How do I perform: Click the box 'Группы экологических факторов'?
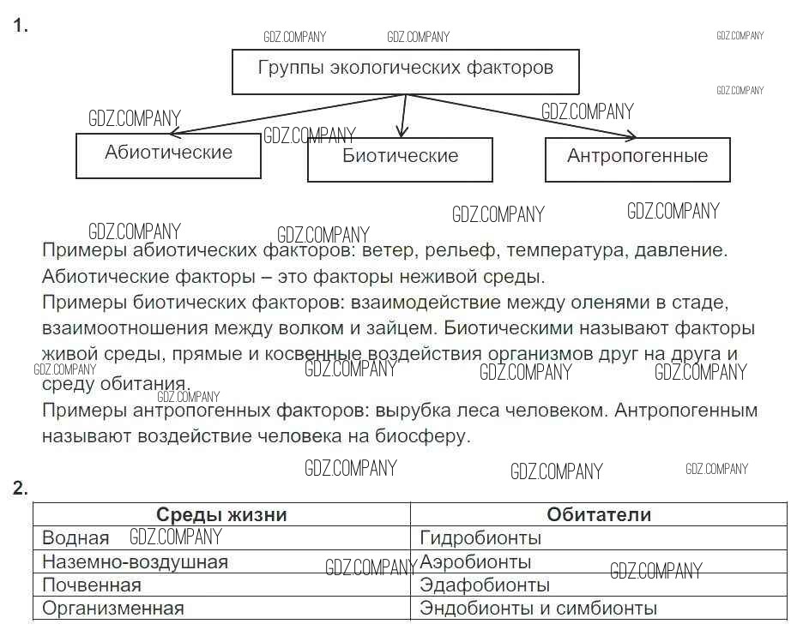coord(406,72)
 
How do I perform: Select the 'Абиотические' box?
coord(168,156)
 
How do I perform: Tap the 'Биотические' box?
coord(400,159)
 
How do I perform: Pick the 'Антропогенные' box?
coord(637,159)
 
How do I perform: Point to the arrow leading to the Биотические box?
coord(403,117)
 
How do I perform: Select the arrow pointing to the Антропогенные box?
coord(521,117)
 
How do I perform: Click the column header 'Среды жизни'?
coord(221,514)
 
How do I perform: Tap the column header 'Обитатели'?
coord(599,514)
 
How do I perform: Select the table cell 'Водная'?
coord(221,537)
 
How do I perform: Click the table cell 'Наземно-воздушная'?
coord(221,561)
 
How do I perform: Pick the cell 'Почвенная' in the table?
coord(221,585)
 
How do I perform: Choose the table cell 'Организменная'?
coord(221,609)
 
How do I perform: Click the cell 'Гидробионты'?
coord(599,537)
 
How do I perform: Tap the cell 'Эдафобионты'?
coord(599,585)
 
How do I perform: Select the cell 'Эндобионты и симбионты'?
coord(599,609)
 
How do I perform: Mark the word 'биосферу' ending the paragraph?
coord(422,436)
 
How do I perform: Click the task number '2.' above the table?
coord(21,488)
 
